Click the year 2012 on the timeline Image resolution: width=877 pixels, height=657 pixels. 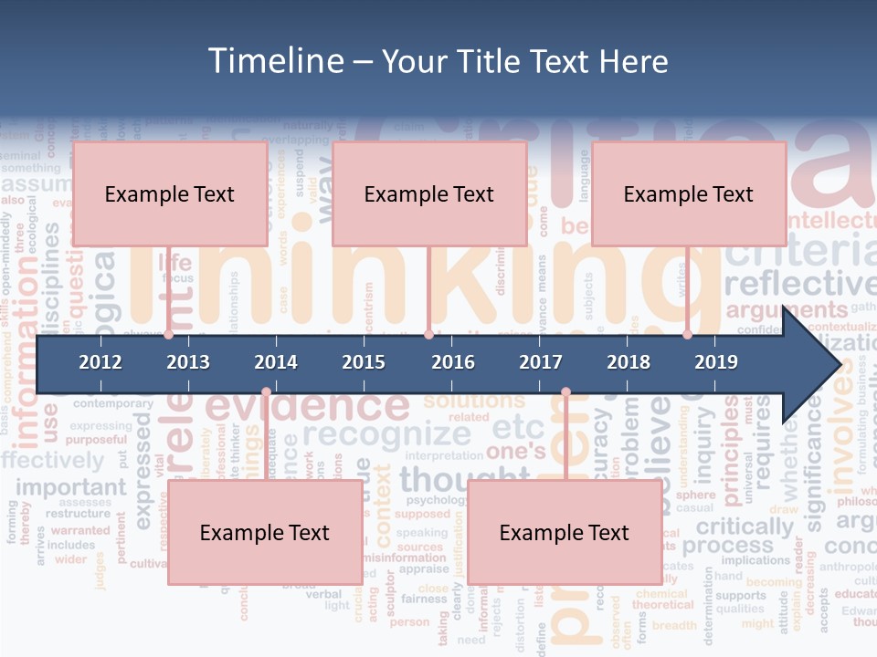click(x=100, y=362)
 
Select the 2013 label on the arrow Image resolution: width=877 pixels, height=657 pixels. click(x=188, y=362)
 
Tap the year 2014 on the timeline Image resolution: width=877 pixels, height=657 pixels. click(x=276, y=362)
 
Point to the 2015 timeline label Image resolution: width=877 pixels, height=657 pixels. click(x=364, y=362)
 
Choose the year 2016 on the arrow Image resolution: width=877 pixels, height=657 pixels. click(x=453, y=362)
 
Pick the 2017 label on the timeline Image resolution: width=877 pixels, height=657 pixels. click(x=541, y=362)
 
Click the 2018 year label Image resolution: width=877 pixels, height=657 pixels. click(x=629, y=362)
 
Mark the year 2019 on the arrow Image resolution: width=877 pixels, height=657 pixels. click(x=716, y=362)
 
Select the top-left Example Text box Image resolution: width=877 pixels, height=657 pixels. click(x=170, y=193)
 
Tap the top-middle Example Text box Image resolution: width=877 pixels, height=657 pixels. click(x=429, y=193)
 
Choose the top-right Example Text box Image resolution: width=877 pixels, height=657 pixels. click(x=689, y=193)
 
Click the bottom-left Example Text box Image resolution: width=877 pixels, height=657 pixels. click(x=265, y=533)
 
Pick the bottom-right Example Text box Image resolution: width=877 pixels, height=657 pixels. click(x=565, y=533)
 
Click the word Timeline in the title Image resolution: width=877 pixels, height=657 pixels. click(x=274, y=61)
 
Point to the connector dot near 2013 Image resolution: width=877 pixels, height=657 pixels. click(x=168, y=335)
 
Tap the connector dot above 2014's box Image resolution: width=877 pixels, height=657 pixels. click(x=266, y=392)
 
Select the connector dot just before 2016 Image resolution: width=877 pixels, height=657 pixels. click(x=429, y=335)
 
